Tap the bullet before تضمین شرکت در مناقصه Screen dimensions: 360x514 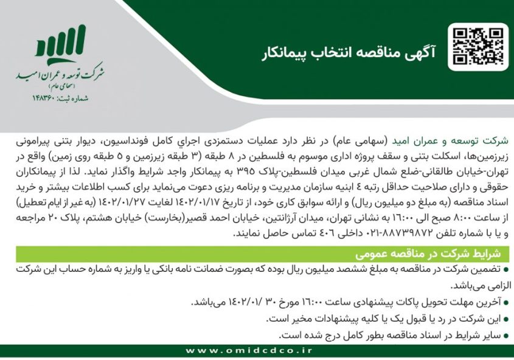click(507, 269)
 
